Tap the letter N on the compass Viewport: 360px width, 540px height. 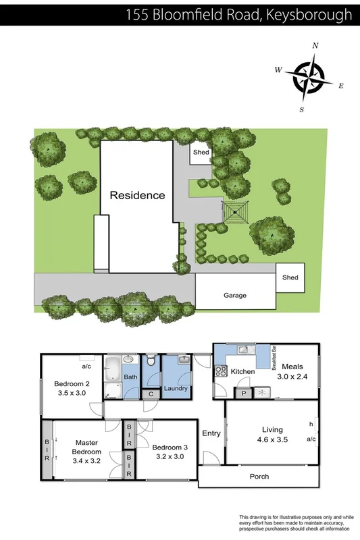[315, 45]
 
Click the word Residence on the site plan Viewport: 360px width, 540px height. [137, 195]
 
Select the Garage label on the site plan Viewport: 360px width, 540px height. [235, 295]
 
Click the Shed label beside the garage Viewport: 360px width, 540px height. [290, 277]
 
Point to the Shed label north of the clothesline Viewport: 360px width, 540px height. [201, 152]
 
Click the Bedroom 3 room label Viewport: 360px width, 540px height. [170, 446]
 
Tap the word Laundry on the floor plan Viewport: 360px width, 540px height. [176, 387]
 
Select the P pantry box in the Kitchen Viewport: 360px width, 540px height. [242, 393]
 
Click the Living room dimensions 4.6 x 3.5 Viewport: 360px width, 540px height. [272, 439]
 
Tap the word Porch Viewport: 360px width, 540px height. [259, 477]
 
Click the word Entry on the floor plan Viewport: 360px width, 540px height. [211, 434]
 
